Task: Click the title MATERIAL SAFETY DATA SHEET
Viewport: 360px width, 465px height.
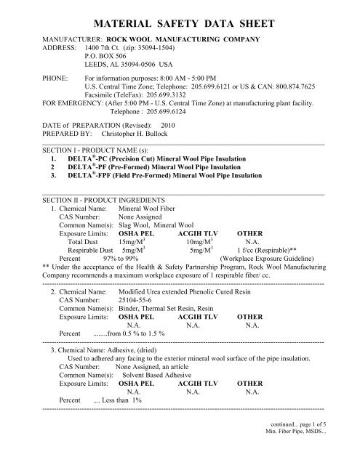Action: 180,14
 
